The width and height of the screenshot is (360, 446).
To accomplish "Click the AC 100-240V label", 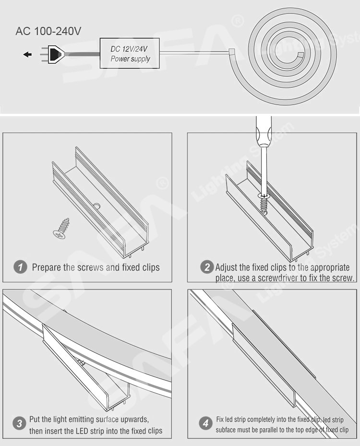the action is tap(48, 31).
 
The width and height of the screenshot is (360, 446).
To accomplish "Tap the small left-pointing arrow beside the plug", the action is tap(27, 54).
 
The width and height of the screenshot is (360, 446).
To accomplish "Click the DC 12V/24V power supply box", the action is tap(130, 53).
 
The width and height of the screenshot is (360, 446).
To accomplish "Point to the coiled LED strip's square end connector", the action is tap(232, 52).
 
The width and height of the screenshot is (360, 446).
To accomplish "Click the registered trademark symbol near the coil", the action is tap(238, 21).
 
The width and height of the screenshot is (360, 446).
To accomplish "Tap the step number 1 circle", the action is tap(20, 267).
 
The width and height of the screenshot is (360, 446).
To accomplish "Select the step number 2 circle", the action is tap(207, 267).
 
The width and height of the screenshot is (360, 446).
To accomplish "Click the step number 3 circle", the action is tap(19, 423).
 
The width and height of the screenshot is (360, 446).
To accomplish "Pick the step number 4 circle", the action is tap(205, 423).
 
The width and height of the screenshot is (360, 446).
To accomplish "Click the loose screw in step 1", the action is tap(61, 229).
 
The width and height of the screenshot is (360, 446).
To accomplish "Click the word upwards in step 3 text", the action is tap(135, 420).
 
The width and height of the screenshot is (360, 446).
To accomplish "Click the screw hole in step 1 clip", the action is tap(97, 206).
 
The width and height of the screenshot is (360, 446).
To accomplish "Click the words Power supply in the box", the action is tap(130, 59).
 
